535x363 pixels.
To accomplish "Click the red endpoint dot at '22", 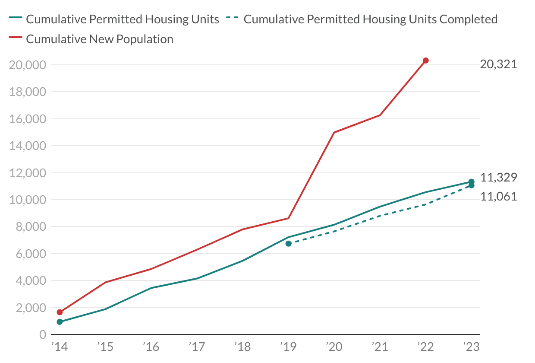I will point(426,60).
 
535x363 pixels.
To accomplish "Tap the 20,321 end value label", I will point(498,65).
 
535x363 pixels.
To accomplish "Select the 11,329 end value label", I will point(498,177).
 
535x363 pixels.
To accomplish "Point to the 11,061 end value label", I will point(498,197).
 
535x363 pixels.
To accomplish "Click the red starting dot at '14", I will point(60,312).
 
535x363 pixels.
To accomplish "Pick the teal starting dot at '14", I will point(60,322).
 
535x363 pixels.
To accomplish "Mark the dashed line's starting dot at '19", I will point(289,244).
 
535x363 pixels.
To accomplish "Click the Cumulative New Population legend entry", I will point(99,39).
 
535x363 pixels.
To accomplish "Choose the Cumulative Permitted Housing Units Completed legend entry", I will point(370,19).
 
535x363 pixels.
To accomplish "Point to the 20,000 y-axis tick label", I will point(27,65).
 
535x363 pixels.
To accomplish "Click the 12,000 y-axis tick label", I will point(27,173).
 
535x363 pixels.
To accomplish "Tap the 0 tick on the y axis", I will point(42,335).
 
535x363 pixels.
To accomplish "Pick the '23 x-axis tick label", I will point(471,347).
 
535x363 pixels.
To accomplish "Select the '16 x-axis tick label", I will point(151,347).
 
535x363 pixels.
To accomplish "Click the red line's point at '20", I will point(334,133).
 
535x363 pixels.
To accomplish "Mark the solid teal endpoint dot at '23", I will point(472,182).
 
